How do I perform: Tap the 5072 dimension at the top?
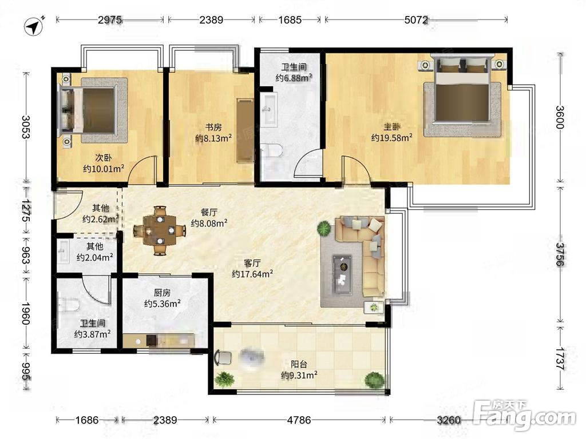(416, 19)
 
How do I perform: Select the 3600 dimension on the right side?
(560, 117)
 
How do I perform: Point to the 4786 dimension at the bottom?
(299, 420)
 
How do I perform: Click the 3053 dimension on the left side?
(26, 127)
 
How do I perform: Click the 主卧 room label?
(391, 127)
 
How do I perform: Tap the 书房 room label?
(213, 127)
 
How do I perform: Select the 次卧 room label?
(104, 158)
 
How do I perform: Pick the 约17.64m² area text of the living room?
(252, 274)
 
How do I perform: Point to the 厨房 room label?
(162, 293)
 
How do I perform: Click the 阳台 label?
(299, 364)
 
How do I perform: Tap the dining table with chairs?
(160, 230)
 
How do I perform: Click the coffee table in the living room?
(342, 270)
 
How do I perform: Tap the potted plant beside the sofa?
(324, 228)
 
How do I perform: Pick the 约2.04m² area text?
(95, 257)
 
